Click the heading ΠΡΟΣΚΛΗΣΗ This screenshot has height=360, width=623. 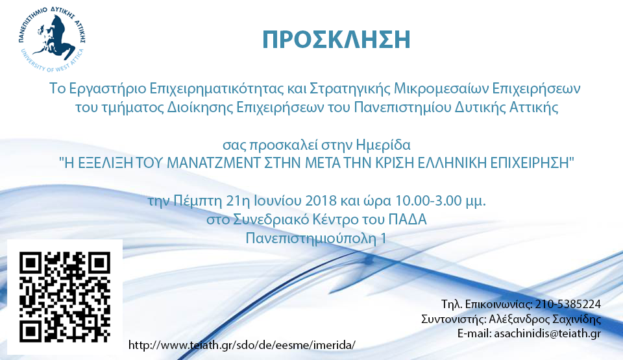336,40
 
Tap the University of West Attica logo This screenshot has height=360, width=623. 52,39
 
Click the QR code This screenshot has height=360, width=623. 65,297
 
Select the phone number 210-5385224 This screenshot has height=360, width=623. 568,304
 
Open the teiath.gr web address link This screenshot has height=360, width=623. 241,345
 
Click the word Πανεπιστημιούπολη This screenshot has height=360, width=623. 311,239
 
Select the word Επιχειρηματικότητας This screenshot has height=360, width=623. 216,89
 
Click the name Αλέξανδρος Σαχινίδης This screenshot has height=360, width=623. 544,319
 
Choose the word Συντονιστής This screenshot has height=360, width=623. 453,319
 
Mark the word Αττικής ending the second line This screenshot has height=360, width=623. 533,108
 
